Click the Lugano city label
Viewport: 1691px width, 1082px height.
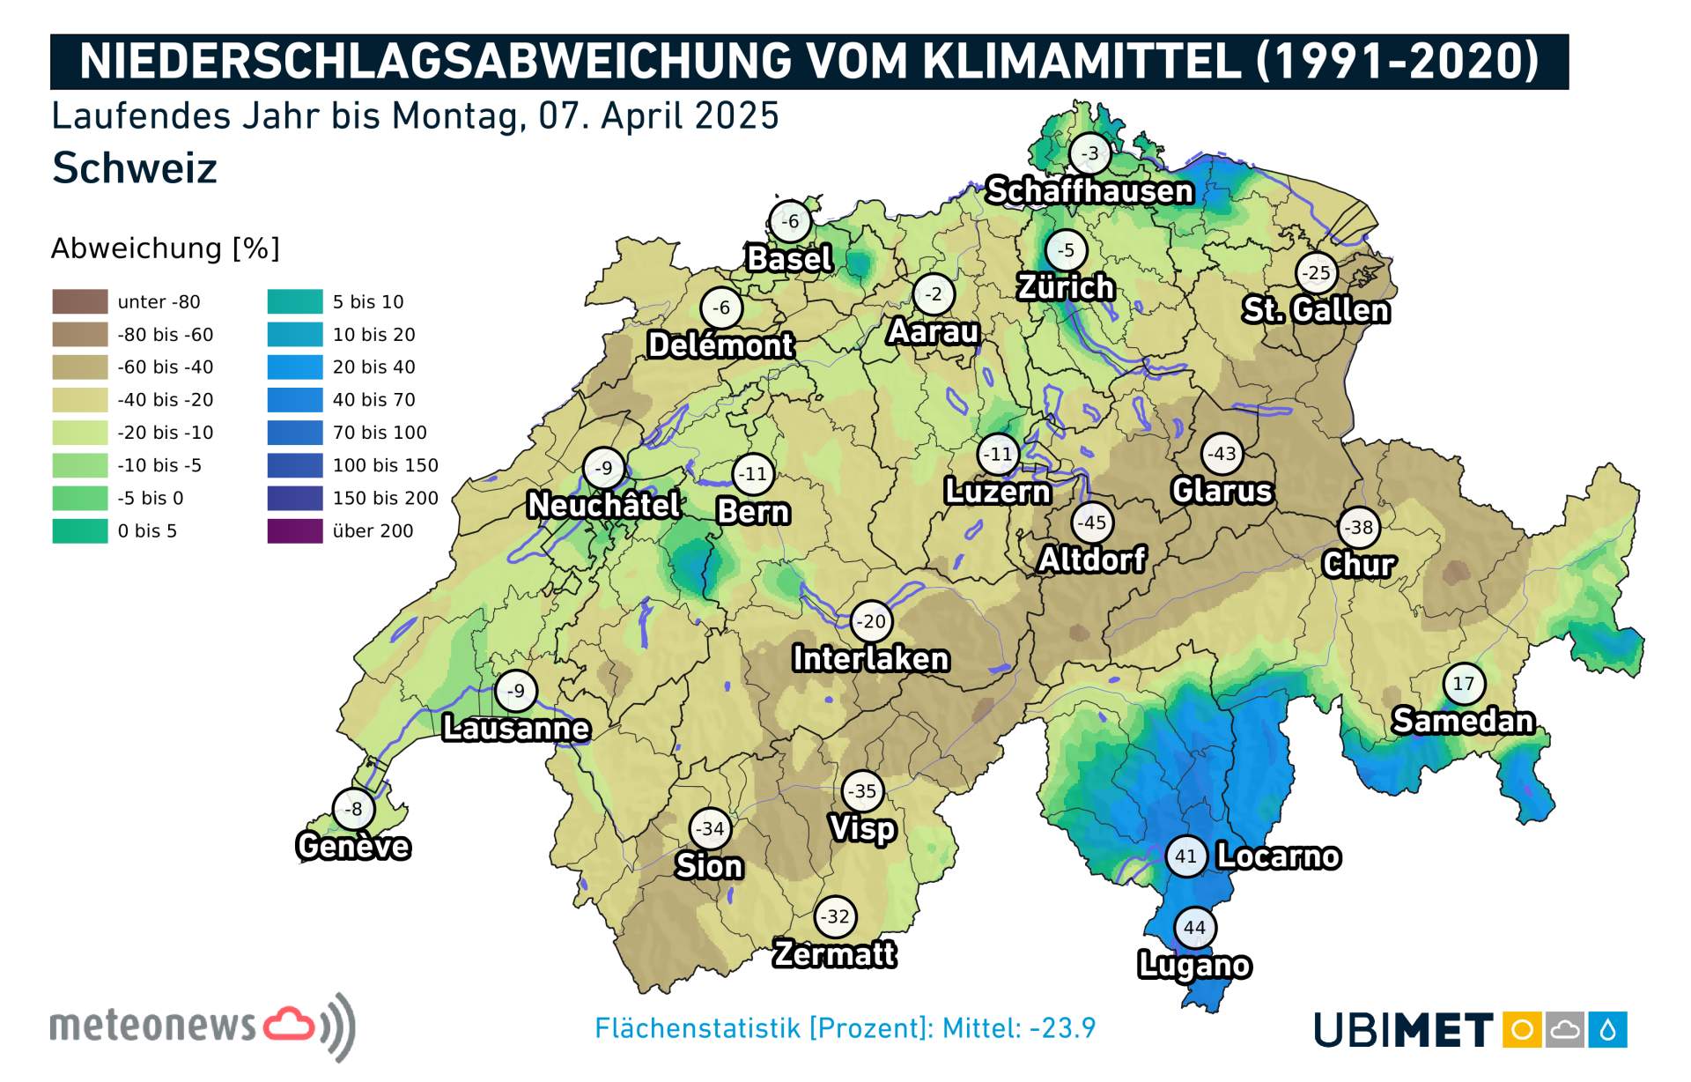pyautogui.click(x=1193, y=965)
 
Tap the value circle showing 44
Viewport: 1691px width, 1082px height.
pyautogui.click(x=1194, y=927)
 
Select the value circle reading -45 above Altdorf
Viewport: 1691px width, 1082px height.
pyautogui.click(x=1092, y=522)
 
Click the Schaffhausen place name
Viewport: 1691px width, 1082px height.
pyautogui.click(x=1089, y=190)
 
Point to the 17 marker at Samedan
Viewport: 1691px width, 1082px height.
pyautogui.click(x=1463, y=684)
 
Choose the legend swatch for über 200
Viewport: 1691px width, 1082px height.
pyautogui.click(x=295, y=530)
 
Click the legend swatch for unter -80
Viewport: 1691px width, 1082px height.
pyautogui.click(x=80, y=301)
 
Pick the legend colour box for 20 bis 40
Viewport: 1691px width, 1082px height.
pyautogui.click(x=295, y=367)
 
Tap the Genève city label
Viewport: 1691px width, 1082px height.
pyautogui.click(x=353, y=846)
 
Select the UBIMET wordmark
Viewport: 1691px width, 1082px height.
pyautogui.click(x=1402, y=1029)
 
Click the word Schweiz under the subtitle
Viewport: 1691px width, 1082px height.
pyautogui.click(x=134, y=167)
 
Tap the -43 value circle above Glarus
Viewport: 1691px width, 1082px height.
pyautogui.click(x=1222, y=454)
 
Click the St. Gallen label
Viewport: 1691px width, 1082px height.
pyautogui.click(x=1316, y=310)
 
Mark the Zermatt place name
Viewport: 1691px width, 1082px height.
pyautogui.click(x=834, y=954)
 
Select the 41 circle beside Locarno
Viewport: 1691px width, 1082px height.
pyautogui.click(x=1185, y=856)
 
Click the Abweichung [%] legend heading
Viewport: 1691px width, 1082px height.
pyautogui.click(x=165, y=248)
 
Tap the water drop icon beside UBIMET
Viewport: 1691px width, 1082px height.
pyautogui.click(x=1607, y=1029)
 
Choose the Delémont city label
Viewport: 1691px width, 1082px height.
pyautogui.click(x=720, y=345)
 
